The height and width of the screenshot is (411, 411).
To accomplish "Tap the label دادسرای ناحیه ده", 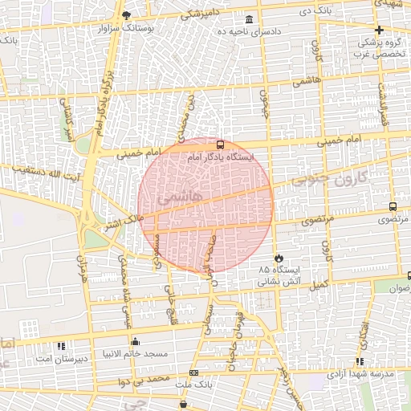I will (x=249, y=31).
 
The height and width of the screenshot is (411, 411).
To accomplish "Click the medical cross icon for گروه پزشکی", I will (x=379, y=30).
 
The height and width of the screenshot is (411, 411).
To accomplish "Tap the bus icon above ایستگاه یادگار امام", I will (x=221, y=145).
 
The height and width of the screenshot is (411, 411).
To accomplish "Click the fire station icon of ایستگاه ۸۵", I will (x=279, y=258).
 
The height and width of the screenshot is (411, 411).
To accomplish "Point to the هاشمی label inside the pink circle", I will (x=184, y=197).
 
